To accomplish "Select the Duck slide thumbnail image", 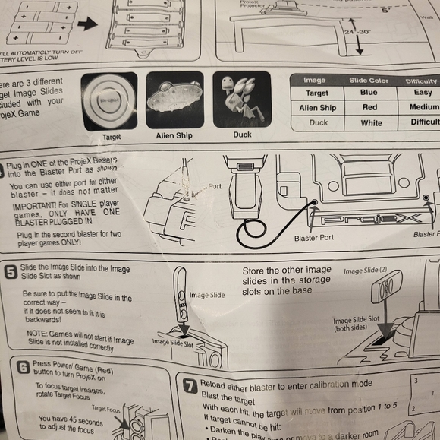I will pos(241,100).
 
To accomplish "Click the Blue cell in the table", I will pos(369,93).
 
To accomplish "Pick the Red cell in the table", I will pos(369,108).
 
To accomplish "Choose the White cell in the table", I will pos(369,122).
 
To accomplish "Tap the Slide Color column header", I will pos(369,81).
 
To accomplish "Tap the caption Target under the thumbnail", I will pos(111,137).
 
